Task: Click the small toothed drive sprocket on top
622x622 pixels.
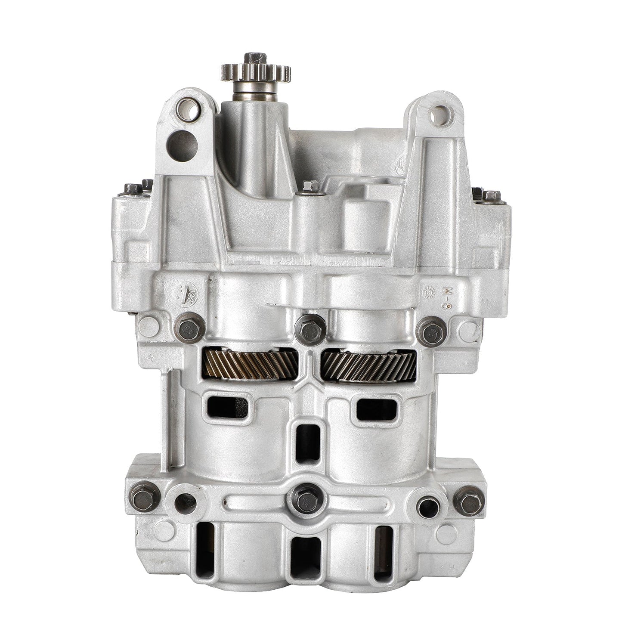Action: [256, 71]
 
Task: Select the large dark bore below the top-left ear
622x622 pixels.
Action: [182, 145]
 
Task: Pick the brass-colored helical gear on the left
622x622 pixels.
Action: [250, 364]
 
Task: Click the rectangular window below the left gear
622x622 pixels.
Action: [227, 407]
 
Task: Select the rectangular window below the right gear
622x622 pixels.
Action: [377, 409]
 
